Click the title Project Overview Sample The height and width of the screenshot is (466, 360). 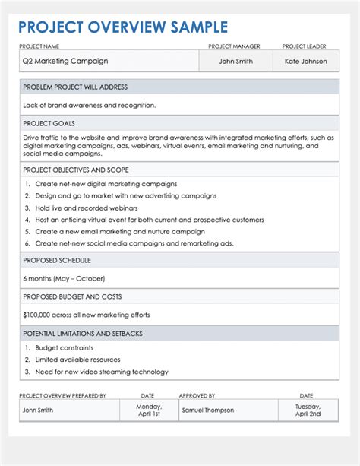click(123, 27)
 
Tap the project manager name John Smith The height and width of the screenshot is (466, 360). click(235, 61)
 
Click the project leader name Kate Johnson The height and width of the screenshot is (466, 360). click(306, 61)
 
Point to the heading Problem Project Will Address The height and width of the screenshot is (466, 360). click(75, 87)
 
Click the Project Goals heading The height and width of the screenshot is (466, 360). click(49, 123)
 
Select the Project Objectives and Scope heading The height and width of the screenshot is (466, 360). click(76, 170)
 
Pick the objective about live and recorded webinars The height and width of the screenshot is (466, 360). click(87, 208)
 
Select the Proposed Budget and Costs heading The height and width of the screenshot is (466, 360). click(72, 296)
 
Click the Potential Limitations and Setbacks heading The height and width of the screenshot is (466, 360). click(83, 334)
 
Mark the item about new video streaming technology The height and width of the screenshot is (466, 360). click(102, 372)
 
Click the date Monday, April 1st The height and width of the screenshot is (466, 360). click(148, 410)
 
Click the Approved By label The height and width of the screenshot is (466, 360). click(197, 395)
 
